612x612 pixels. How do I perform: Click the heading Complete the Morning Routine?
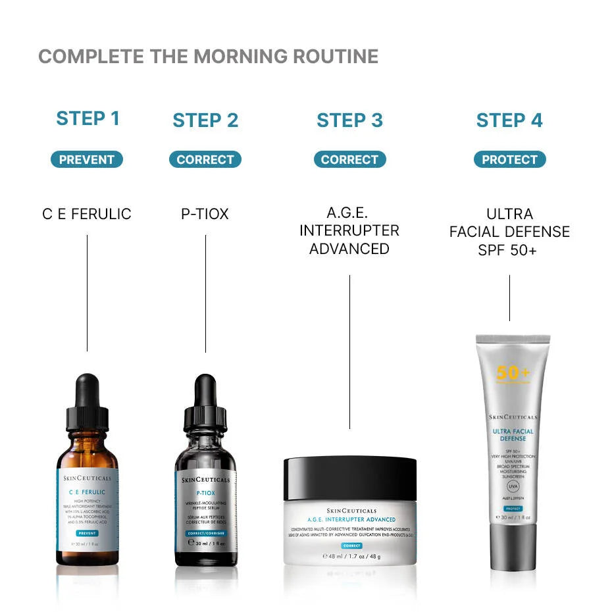coord(208,57)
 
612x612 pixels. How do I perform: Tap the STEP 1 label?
coord(88,119)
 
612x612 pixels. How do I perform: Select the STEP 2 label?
coord(205,120)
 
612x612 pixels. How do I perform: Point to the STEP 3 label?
coord(349,120)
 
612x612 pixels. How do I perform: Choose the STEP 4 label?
coord(509,120)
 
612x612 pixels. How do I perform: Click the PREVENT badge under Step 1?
coord(87,159)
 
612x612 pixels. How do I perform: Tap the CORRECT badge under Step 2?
coord(205,159)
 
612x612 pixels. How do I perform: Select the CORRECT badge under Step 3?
coord(349,159)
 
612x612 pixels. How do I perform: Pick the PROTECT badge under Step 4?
coord(509,159)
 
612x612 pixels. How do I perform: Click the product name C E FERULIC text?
coord(87,214)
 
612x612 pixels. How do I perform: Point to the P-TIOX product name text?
coord(205,214)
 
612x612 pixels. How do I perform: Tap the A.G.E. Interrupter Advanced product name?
coord(349,231)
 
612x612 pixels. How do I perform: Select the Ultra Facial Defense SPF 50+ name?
coord(509,232)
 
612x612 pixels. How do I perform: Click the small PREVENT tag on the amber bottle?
coord(87,534)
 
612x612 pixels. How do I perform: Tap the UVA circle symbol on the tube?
coord(513,488)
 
